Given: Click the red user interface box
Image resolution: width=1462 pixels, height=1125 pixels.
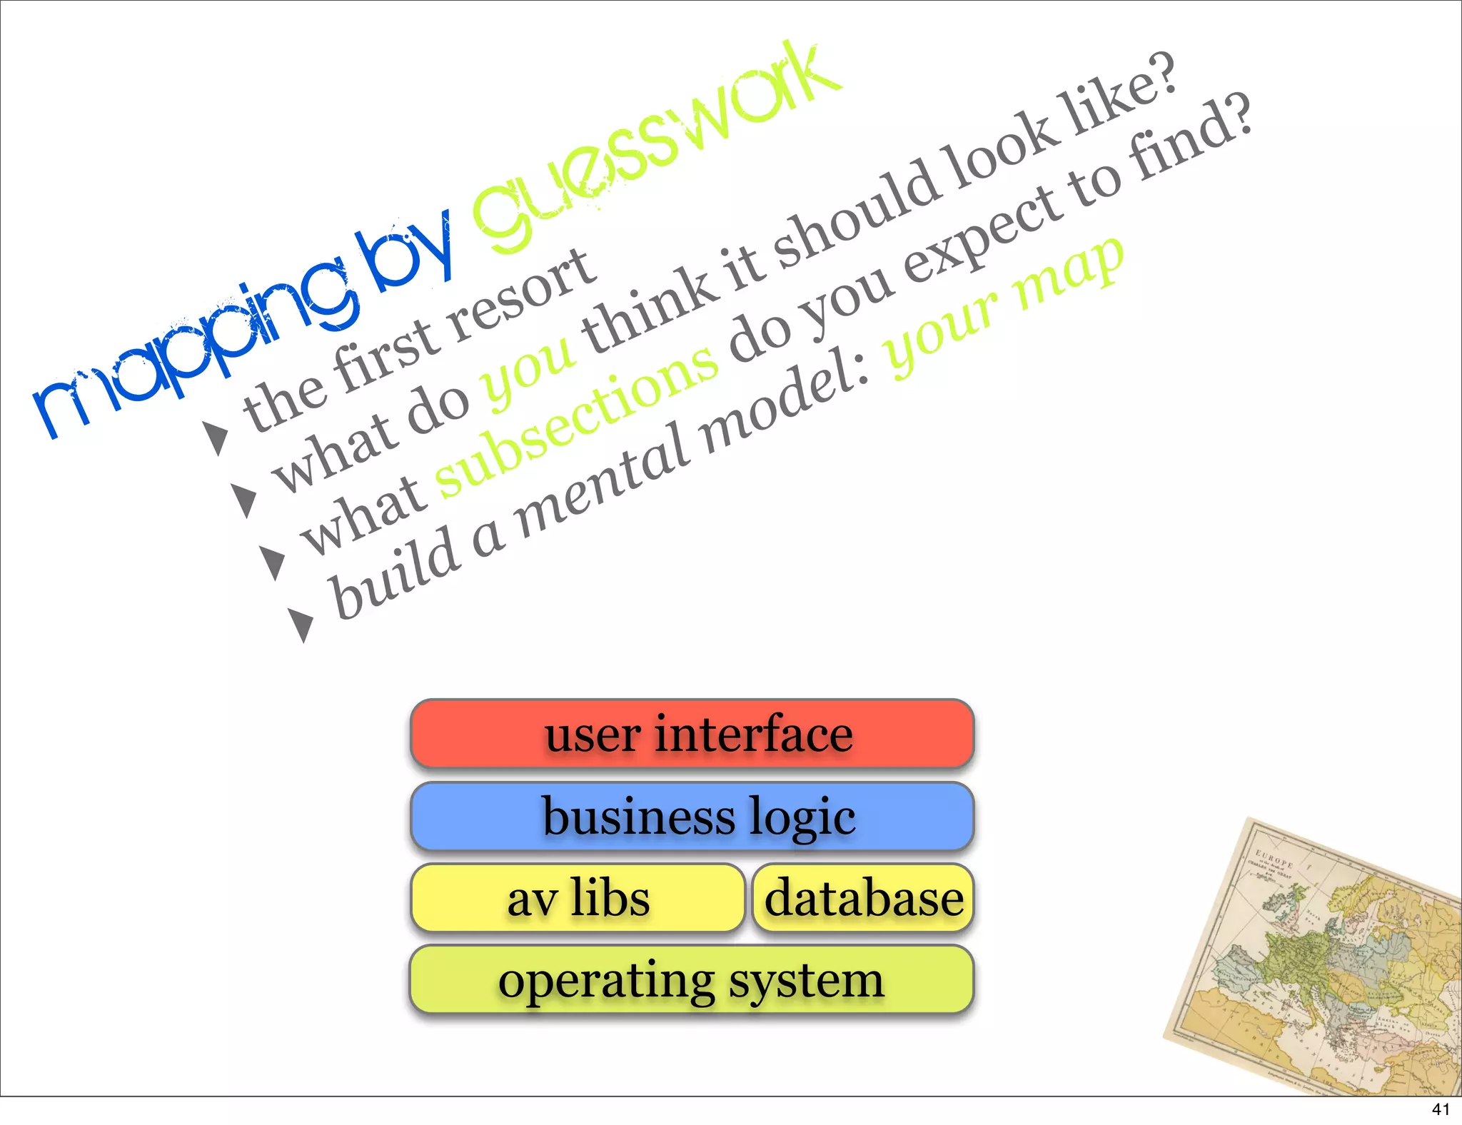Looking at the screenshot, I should tap(692, 734).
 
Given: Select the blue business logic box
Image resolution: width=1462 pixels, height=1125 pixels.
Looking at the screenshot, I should tap(692, 816).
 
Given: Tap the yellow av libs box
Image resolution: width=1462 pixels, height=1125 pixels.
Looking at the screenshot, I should tap(578, 898).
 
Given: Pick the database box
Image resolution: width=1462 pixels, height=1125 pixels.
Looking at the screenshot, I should tap(863, 898).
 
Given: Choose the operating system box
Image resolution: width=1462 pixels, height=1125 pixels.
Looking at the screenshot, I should tap(691, 979).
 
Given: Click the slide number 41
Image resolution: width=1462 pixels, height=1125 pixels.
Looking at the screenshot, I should tap(1441, 1109).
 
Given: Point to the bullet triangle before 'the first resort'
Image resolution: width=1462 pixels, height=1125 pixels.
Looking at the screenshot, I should tap(216, 437).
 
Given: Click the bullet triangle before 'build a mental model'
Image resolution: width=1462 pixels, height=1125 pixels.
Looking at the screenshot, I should tap(301, 624).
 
